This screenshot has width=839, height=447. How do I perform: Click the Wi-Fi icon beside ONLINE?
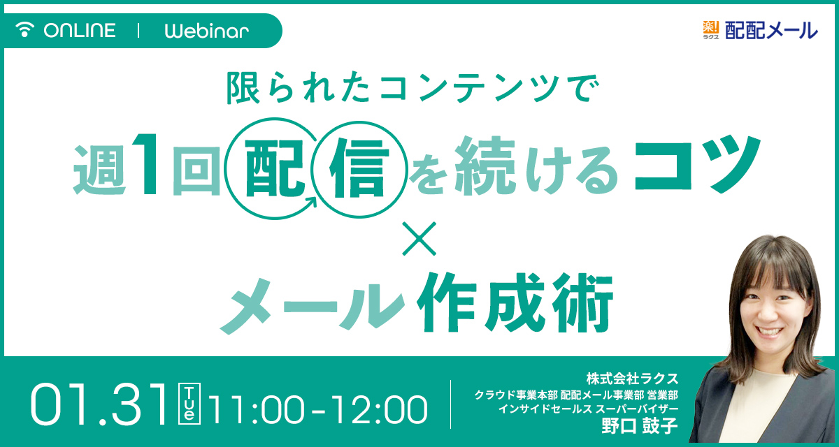coord(24,29)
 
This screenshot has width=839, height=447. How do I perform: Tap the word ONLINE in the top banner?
coord(80,30)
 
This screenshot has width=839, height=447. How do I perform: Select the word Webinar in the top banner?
coord(207,30)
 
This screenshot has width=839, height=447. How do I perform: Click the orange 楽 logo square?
coord(711,27)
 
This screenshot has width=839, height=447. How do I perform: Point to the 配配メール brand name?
coord(770,30)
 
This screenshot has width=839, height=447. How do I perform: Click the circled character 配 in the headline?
coord(274,168)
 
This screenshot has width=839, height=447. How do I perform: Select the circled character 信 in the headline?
coord(359,168)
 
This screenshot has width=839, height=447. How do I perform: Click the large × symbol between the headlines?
coord(419,239)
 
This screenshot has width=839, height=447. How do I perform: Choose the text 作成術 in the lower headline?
coord(515,302)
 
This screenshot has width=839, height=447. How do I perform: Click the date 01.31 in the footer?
coord(98,405)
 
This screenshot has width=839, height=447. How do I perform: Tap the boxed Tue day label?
coord(189,404)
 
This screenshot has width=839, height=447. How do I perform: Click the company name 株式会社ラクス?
coord(632,379)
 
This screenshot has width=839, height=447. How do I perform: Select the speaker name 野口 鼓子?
coord(640,425)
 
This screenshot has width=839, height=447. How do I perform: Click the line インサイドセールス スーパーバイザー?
coord(588,409)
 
